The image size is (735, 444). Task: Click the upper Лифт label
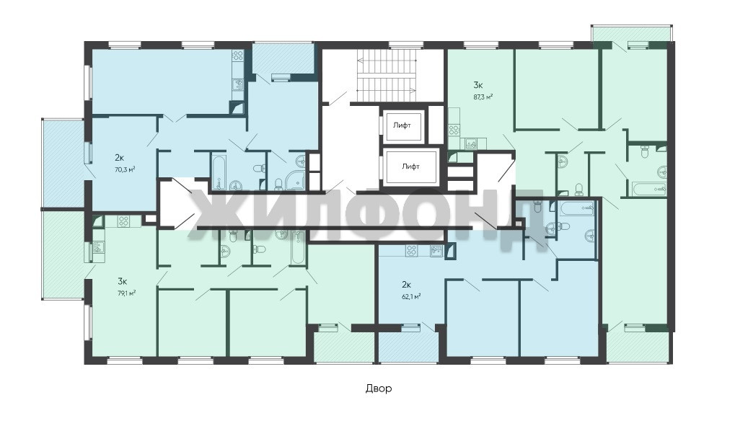coord(402,125)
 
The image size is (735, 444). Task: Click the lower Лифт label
coord(410,166)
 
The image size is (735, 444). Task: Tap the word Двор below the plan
coord(378,388)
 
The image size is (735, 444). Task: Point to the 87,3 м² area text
coord(483,97)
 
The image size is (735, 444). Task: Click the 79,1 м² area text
coord(126,293)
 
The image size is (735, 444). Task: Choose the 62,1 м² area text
coord(410,296)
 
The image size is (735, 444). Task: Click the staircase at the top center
coord(387,75)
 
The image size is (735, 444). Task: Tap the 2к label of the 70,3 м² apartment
coord(120,157)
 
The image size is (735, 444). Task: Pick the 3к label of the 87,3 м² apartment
coord(478,85)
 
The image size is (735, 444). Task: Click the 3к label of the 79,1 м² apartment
coord(123,282)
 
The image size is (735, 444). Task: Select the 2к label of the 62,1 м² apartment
coord(406,284)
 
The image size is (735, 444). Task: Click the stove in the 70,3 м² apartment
coord(237,56)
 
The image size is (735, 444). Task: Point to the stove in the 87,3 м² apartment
coord(454,130)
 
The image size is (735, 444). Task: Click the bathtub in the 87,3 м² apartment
coord(649,190)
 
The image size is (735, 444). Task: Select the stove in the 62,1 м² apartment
coord(411,251)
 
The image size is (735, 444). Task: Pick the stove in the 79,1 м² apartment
coord(123,221)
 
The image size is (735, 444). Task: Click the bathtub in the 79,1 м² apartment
coord(298,248)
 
